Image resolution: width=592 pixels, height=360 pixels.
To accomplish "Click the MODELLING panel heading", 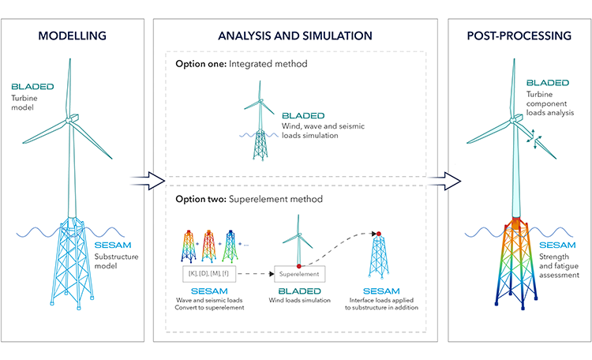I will coord(73,36).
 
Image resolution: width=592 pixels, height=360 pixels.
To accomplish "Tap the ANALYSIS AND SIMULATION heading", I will coord(294,36).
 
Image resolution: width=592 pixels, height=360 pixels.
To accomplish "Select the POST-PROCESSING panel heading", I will coord(518,36).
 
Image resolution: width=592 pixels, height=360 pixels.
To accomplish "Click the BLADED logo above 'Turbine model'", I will coord(32,86).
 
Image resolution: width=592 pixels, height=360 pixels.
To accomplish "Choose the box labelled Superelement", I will coord(298,275).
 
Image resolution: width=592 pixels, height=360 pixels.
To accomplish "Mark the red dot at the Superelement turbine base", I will coord(298,264).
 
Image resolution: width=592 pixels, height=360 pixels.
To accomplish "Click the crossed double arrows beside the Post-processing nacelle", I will coord(536,140).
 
